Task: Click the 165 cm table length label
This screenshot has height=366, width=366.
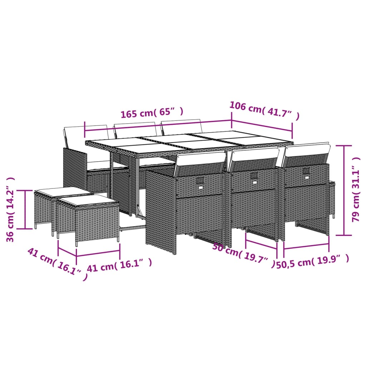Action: point(152,113)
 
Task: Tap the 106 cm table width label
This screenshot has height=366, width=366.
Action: point(264,111)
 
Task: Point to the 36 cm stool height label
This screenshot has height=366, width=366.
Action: point(11,209)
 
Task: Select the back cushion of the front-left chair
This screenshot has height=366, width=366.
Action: point(201,159)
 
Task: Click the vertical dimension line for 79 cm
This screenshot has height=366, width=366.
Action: point(345,189)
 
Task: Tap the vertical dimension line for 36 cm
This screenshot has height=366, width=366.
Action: point(25,209)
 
